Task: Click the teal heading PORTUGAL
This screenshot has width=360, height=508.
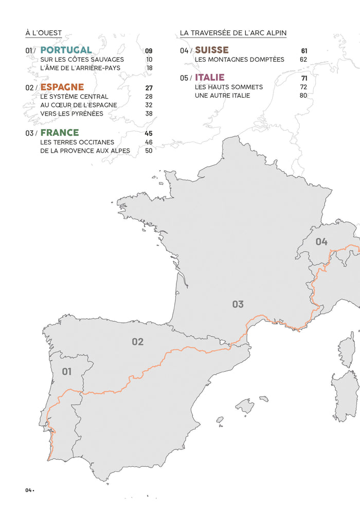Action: [x=66, y=50]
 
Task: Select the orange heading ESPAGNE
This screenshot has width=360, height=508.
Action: [x=62, y=87]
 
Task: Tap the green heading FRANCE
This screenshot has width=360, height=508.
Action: [x=60, y=133]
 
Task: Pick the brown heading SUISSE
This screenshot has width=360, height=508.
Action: [x=212, y=50]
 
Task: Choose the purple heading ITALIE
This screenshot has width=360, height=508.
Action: [x=210, y=78]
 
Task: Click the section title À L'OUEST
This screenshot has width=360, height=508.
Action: [x=43, y=33]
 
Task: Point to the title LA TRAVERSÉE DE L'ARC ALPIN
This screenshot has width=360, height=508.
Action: [x=233, y=33]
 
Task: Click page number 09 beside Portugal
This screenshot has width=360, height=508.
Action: [x=149, y=51]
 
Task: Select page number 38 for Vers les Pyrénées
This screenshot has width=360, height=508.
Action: [x=149, y=114]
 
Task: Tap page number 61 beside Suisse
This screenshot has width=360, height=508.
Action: [x=304, y=51]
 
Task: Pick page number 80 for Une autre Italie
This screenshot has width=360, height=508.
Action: [x=303, y=96]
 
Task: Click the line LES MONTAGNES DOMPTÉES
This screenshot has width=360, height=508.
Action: [x=239, y=60]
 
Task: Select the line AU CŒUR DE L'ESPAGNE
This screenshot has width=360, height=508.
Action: [x=79, y=105]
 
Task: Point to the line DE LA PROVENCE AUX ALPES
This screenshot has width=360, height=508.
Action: [x=85, y=151]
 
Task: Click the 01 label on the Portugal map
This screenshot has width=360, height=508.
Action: [x=67, y=371]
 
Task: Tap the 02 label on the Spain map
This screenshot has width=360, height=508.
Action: [x=137, y=341]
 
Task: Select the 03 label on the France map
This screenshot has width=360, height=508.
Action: [x=238, y=304]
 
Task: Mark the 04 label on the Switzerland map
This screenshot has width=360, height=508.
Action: [x=321, y=242]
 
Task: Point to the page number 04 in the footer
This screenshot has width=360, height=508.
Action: [x=28, y=490]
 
